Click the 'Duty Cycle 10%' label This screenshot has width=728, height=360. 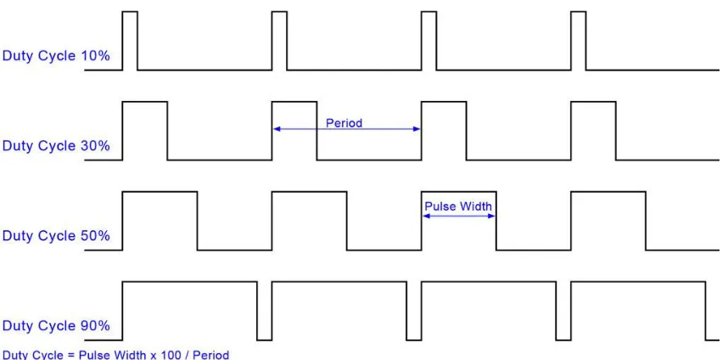(x=56, y=56)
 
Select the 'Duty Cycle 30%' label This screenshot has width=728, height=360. (x=56, y=146)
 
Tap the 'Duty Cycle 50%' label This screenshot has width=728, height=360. (x=56, y=236)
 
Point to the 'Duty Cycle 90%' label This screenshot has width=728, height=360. (x=56, y=326)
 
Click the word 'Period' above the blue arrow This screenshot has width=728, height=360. (x=344, y=123)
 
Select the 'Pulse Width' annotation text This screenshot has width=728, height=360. (x=458, y=206)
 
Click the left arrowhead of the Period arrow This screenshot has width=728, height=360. (x=276, y=129)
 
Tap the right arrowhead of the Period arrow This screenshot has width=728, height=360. (x=417, y=129)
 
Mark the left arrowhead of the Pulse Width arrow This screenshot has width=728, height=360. (x=426, y=216)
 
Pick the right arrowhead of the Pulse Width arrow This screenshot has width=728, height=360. (x=491, y=216)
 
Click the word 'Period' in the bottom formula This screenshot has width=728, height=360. (x=210, y=356)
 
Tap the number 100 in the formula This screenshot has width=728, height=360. (x=171, y=356)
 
